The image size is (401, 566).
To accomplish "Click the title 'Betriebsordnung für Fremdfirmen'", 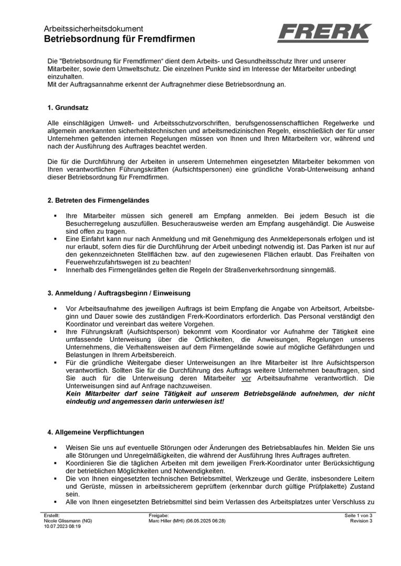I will click(119, 39).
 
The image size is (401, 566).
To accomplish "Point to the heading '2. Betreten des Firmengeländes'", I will click(98, 200).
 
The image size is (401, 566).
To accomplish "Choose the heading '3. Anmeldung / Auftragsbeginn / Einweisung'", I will click(119, 292).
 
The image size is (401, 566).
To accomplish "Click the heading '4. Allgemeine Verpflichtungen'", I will click(95, 432).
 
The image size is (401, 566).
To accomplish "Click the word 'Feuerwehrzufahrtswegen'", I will click(104, 262).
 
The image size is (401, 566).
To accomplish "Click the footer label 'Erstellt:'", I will click(52, 516).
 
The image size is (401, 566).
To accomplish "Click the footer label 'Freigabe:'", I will click(159, 516).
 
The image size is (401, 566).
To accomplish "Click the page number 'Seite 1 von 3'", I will click(358, 516).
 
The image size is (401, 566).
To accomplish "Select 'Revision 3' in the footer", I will click(361, 521).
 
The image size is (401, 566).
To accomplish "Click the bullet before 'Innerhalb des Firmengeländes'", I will click(55, 270).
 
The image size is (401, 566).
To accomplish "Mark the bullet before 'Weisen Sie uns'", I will click(55, 448).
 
